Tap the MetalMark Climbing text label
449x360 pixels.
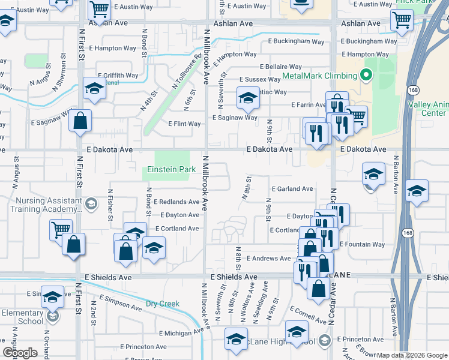pyautogui.click(x=319, y=76)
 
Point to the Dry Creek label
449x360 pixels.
pyautogui.click(x=163, y=304)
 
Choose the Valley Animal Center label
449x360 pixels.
pyautogui.click(x=427, y=109)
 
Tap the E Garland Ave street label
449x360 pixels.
pyautogui.click(x=292, y=188)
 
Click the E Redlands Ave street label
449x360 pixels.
pyautogui.click(x=176, y=202)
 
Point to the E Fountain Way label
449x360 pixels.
pyautogui.click(x=362, y=244)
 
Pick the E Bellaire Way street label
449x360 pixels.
pyautogui.click(x=281, y=67)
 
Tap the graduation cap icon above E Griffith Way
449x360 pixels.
pyautogui.click(x=94, y=88)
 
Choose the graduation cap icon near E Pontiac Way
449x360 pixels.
pyautogui.click(x=247, y=98)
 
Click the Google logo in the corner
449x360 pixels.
pyautogui.click(x=20, y=353)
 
